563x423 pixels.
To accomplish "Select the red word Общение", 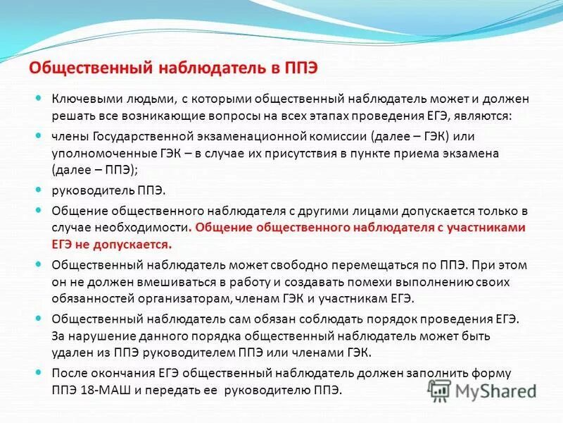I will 222,227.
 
